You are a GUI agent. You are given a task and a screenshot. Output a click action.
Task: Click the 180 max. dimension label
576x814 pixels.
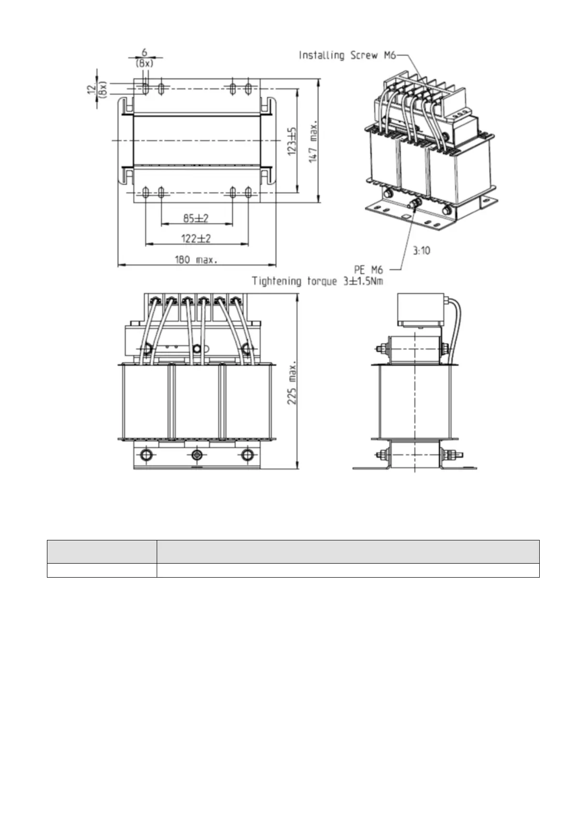[x=196, y=260]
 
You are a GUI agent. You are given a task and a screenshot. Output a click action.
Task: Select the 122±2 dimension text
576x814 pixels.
[x=196, y=239]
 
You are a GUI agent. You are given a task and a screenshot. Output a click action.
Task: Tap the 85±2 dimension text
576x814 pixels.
[x=196, y=218]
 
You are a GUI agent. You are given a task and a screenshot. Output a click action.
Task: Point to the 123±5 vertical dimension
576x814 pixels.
[x=292, y=141]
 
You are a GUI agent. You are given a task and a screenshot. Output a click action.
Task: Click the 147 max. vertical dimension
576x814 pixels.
[x=313, y=141]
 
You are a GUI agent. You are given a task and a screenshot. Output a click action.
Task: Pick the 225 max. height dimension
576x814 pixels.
[x=292, y=383]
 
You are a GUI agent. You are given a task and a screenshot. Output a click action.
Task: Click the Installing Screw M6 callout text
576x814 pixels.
[x=347, y=55]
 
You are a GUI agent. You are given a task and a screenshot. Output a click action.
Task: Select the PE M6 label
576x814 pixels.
[x=369, y=270]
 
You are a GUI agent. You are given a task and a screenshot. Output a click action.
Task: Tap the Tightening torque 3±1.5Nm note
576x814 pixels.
[x=317, y=281]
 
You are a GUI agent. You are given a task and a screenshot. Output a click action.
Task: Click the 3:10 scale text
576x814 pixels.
[x=421, y=250]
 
